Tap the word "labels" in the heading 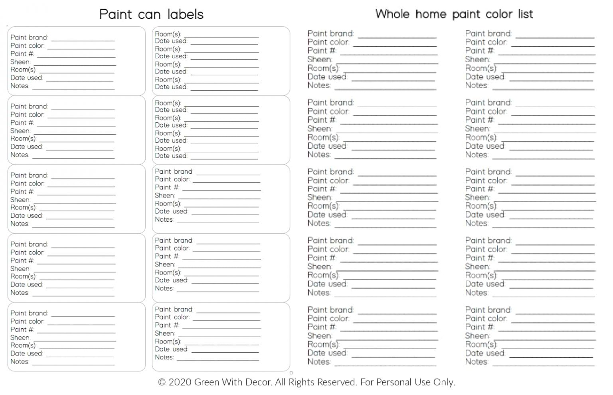[x=185, y=14]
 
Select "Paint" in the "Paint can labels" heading [x=115, y=14]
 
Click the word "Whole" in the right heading [x=392, y=14]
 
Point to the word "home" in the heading [x=431, y=14]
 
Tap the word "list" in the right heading [x=525, y=14]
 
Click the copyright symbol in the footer [x=162, y=382]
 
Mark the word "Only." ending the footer [x=444, y=382]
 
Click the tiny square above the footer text [x=291, y=373]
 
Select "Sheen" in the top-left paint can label [x=20, y=62]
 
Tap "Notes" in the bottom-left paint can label [x=20, y=361]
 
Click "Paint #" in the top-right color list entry [x=479, y=51]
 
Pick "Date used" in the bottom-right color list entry [x=484, y=353]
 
